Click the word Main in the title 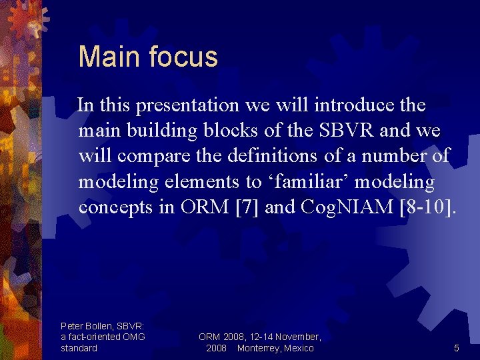click(101, 57)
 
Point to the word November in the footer click(293, 337)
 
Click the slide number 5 click(456, 348)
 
